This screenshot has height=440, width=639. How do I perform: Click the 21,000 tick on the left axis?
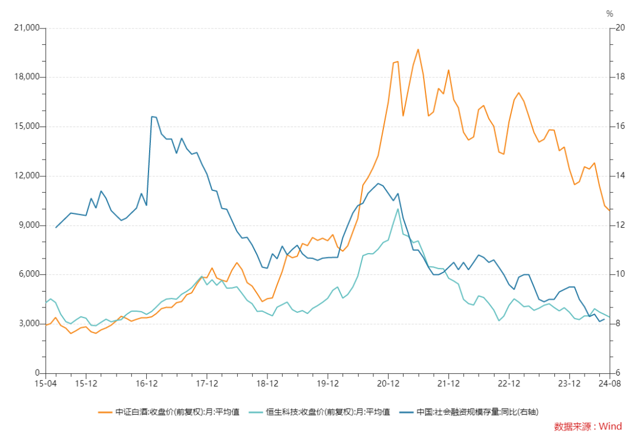point(27,28)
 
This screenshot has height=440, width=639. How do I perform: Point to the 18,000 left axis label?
point(27,77)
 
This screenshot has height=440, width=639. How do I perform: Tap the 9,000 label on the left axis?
point(28,225)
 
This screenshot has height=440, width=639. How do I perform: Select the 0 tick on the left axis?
point(37,373)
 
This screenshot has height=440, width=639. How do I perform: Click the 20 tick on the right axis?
point(620,28)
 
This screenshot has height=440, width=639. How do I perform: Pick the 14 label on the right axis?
point(620,176)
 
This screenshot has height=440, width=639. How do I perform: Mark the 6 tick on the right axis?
point(618,373)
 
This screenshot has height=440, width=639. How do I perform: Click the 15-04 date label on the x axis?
point(46,384)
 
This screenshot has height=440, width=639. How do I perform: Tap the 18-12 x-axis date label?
point(267,384)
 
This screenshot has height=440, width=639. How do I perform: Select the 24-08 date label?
point(609,384)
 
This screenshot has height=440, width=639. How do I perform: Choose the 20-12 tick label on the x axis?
point(388,384)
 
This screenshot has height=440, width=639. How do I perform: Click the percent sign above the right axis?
point(609,14)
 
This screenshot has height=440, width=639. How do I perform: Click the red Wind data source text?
point(588,426)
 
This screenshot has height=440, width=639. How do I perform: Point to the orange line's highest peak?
point(418,49)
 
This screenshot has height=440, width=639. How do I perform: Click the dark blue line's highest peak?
point(151,117)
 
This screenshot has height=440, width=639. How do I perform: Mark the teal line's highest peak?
point(398,209)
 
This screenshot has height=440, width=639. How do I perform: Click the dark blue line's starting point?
point(56,227)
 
